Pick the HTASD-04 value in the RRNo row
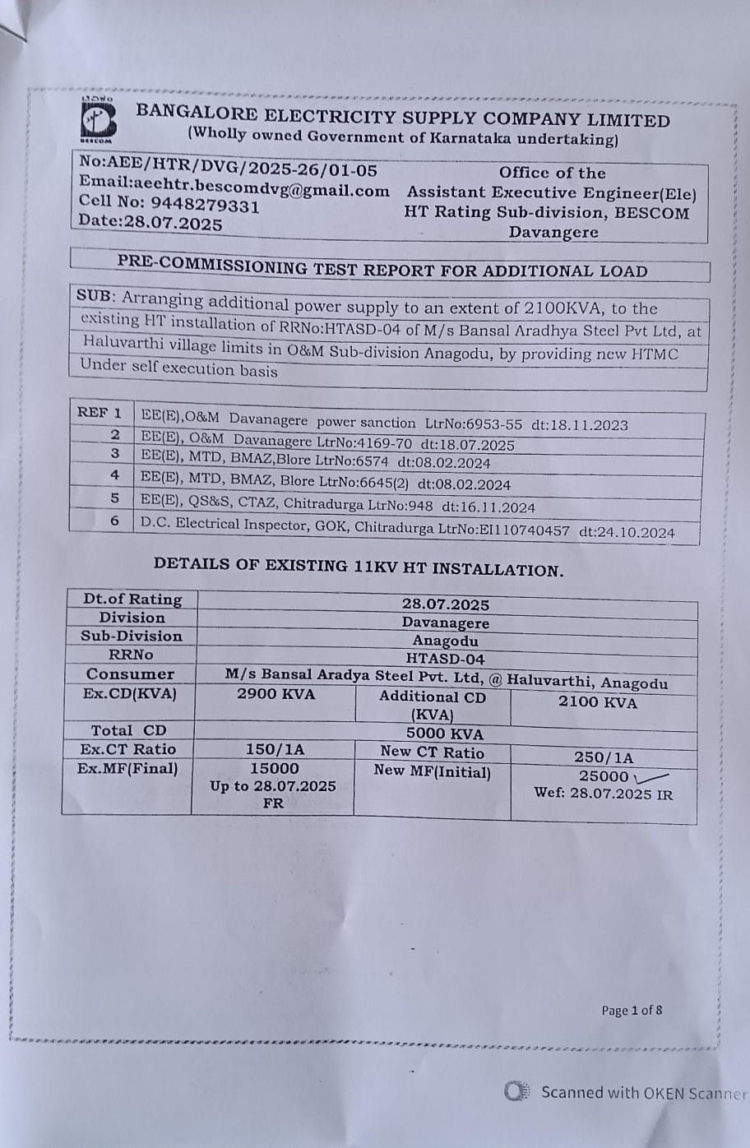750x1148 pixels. pyautogui.click(x=446, y=659)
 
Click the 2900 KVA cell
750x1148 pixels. pyautogui.click(x=275, y=694)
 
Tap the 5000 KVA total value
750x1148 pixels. pyautogui.click(x=445, y=734)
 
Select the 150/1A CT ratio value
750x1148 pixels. pyautogui.click(x=275, y=749)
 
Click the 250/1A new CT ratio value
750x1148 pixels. pyautogui.click(x=604, y=757)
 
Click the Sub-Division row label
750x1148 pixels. pyautogui.click(x=132, y=636)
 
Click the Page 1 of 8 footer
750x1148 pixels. pyautogui.click(x=632, y=1010)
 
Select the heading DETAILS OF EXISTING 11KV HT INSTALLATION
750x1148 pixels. pyautogui.click(x=359, y=567)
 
